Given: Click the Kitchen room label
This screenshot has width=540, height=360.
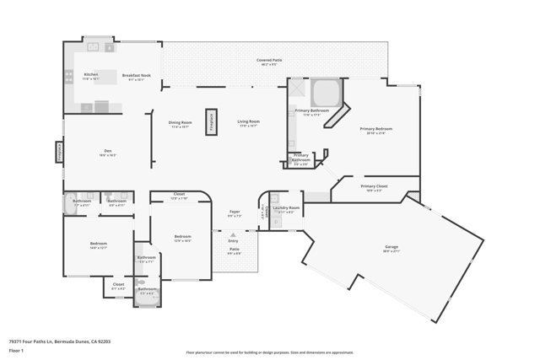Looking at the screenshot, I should coord(90,74).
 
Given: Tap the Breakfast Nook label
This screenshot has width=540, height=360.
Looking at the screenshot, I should coord(136,74).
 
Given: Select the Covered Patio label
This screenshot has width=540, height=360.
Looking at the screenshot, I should coord(269,60).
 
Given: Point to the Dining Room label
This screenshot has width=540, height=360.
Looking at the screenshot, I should coord(181,122).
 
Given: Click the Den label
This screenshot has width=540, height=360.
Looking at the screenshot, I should coord(108,151).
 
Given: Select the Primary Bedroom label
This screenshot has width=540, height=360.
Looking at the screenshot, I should coord(376,129).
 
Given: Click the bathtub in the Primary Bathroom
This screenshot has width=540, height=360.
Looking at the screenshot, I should coord(325,92).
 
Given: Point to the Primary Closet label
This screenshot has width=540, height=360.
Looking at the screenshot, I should coord(374,186).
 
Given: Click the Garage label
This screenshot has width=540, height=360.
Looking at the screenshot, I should coord(391,247).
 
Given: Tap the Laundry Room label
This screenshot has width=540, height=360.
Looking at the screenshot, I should coord(286,207).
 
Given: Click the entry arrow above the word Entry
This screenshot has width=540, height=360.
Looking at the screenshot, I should coord(233,235).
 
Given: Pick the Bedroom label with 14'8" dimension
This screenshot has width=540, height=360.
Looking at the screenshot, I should coord(99,244).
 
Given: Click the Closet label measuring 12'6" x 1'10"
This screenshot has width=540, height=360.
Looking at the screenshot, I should coord(179,195).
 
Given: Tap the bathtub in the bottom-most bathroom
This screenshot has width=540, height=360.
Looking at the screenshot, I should coord(147,299).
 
